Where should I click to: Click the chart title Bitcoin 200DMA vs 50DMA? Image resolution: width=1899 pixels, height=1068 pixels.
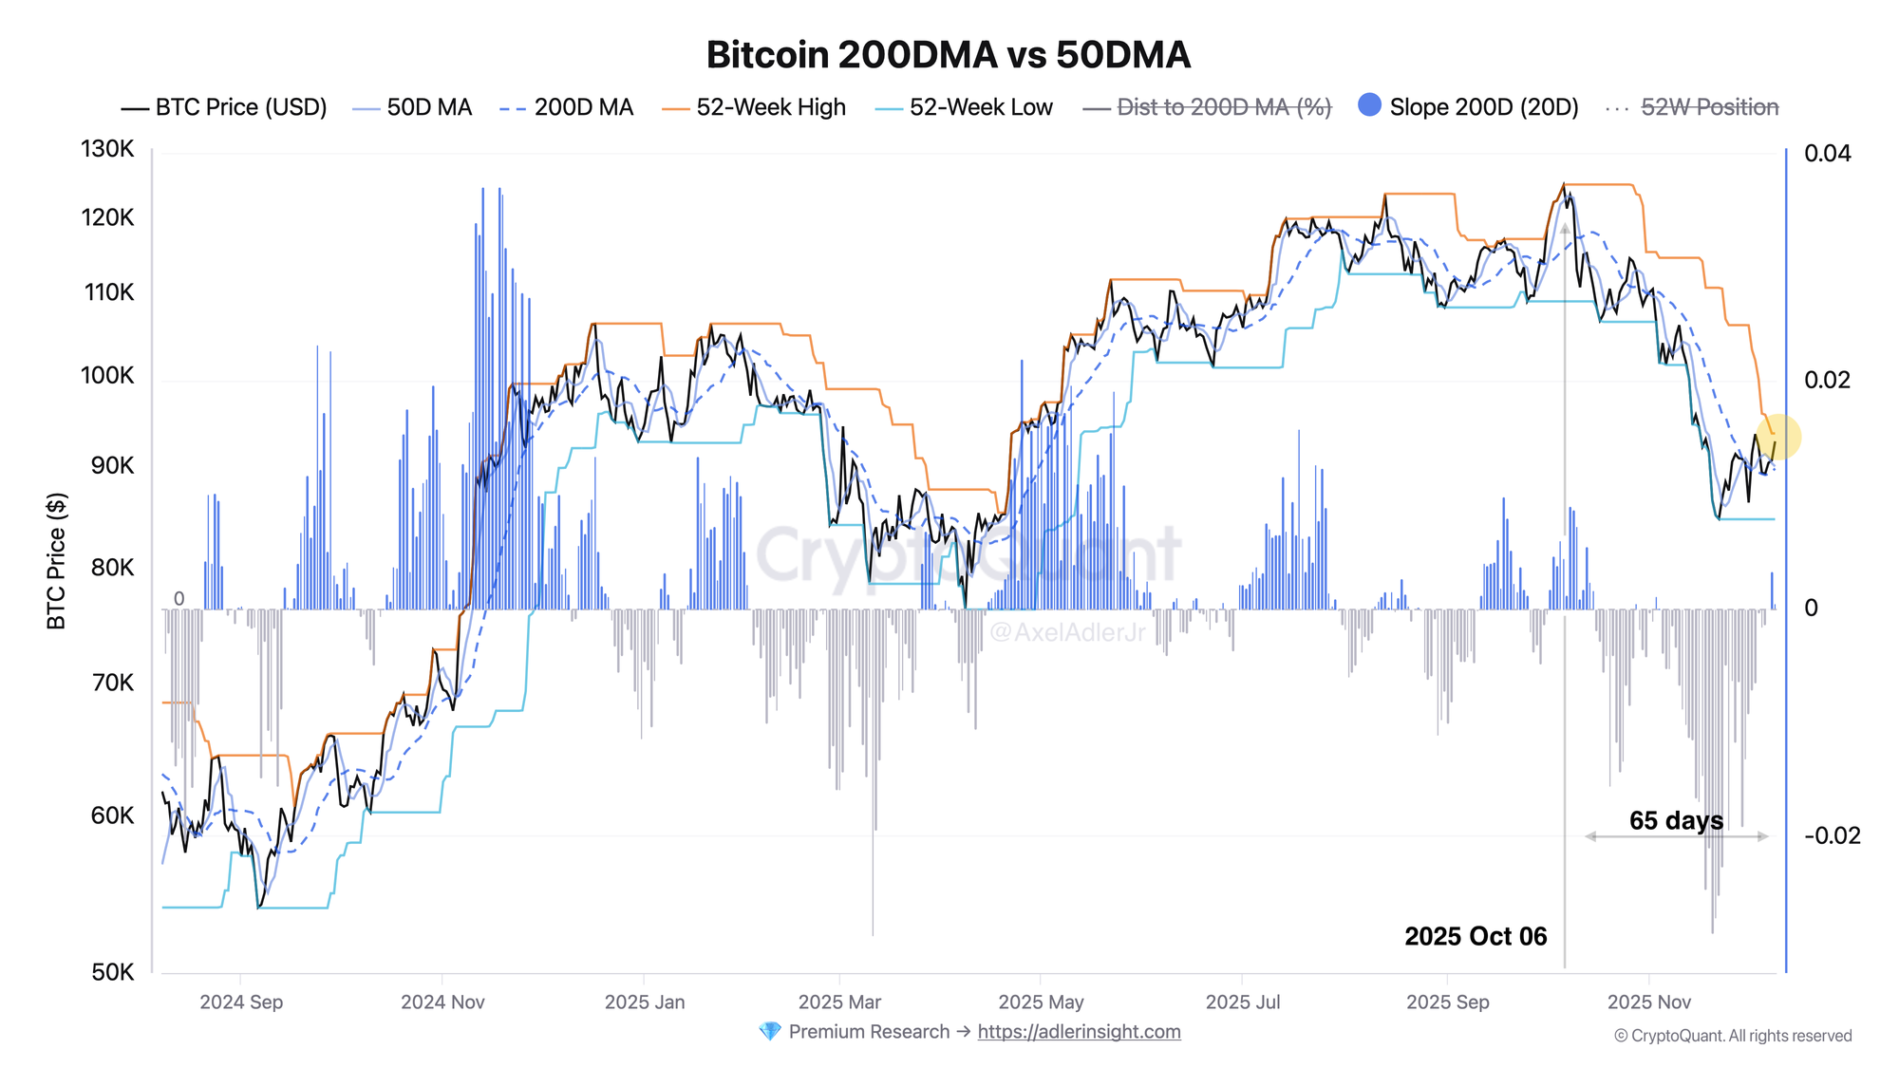(x=948, y=55)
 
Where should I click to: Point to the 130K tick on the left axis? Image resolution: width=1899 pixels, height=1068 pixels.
(x=107, y=149)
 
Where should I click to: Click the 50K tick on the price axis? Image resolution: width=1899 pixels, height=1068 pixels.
(x=113, y=972)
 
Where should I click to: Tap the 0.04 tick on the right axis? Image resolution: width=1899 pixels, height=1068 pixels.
(x=1827, y=153)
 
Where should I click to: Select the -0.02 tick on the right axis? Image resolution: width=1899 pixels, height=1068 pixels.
(x=1832, y=835)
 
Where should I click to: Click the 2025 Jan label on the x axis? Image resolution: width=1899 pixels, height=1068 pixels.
(x=645, y=1002)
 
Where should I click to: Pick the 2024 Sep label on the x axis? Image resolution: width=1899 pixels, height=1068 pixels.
(x=241, y=1002)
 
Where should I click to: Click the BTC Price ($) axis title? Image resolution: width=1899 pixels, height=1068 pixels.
(x=57, y=560)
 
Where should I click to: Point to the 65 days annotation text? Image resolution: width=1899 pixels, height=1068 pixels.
(x=1676, y=820)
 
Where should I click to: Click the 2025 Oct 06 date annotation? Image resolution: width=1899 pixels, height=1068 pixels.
(x=1476, y=936)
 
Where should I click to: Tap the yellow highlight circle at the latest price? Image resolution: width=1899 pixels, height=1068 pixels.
(x=1777, y=438)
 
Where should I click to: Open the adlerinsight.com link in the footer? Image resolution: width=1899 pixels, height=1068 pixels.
(x=1079, y=1032)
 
